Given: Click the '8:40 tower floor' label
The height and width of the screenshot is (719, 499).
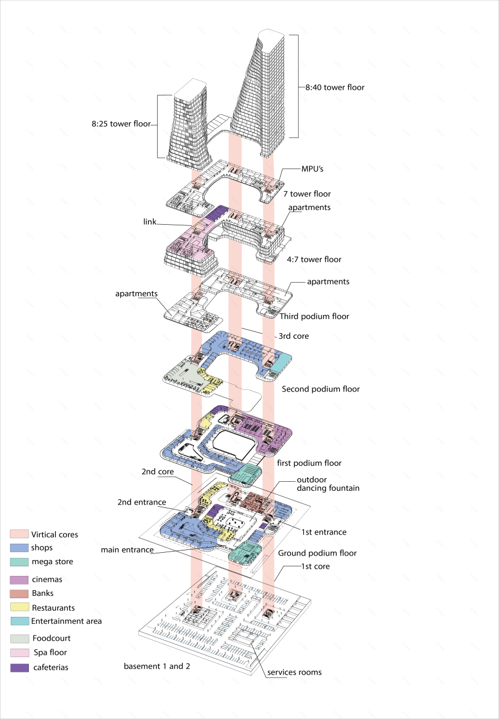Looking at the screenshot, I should [x=335, y=87].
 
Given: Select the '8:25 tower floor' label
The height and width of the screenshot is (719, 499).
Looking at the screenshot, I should [x=121, y=123].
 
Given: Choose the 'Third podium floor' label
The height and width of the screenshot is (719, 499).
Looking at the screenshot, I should [x=314, y=316].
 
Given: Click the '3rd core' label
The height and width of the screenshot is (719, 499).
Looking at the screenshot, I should [x=293, y=336].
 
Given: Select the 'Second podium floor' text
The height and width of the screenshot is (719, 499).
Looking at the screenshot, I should [x=320, y=389].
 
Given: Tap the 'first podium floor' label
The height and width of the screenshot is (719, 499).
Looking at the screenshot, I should [x=309, y=463].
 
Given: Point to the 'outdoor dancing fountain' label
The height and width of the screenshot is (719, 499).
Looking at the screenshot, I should [x=328, y=483].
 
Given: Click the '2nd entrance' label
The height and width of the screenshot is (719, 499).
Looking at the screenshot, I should [x=141, y=502].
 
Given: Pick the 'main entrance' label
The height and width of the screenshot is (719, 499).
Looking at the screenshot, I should [x=127, y=549].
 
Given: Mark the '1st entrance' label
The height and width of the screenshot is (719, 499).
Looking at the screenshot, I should [x=323, y=532].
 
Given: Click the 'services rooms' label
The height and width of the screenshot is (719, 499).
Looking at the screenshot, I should [x=294, y=672].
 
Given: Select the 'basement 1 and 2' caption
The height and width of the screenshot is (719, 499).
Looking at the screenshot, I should [x=157, y=666].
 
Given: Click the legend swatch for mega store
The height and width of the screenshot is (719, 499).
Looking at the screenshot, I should [x=19, y=562].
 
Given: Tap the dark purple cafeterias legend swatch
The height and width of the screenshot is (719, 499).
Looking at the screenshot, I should [x=19, y=667].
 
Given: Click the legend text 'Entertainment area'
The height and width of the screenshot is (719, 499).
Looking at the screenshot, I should [x=66, y=621].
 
